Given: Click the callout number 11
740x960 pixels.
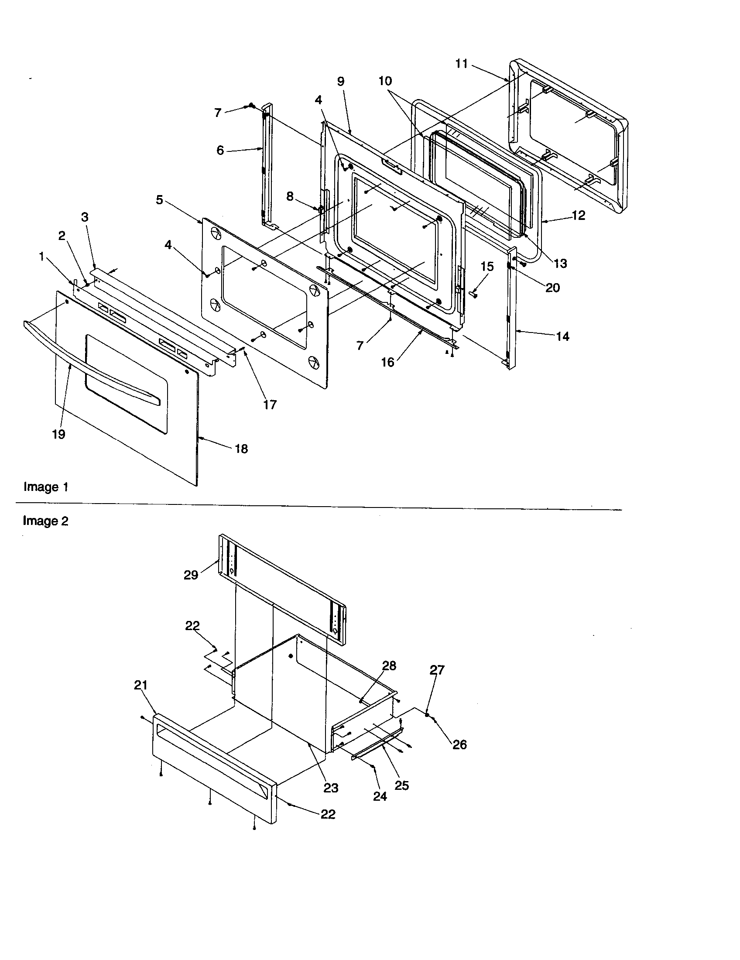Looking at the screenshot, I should point(461,64).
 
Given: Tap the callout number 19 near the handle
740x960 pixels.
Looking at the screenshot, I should point(58,434).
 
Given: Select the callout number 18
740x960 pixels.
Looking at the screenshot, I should point(241,449).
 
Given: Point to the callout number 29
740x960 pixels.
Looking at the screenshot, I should point(191,575).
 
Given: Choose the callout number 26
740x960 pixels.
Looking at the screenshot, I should point(459,744).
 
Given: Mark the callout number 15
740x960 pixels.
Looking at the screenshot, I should point(487,267).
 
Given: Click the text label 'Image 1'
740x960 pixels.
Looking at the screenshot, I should point(46,487).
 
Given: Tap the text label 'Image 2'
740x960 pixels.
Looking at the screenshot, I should point(46,521).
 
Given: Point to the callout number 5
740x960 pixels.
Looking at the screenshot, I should point(160,200).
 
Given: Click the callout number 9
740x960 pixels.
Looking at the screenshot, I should point(341,81).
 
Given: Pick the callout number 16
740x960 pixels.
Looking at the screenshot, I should point(387,363).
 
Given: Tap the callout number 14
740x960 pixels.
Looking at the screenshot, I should point(562,337).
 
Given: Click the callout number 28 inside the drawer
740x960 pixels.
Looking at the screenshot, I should point(389,666).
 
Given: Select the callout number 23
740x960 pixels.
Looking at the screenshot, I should point(331,788).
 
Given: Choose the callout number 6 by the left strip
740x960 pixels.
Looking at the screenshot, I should point(220,151).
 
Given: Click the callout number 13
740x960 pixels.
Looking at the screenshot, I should point(560,264).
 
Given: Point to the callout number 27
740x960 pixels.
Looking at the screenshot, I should point(437,670).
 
